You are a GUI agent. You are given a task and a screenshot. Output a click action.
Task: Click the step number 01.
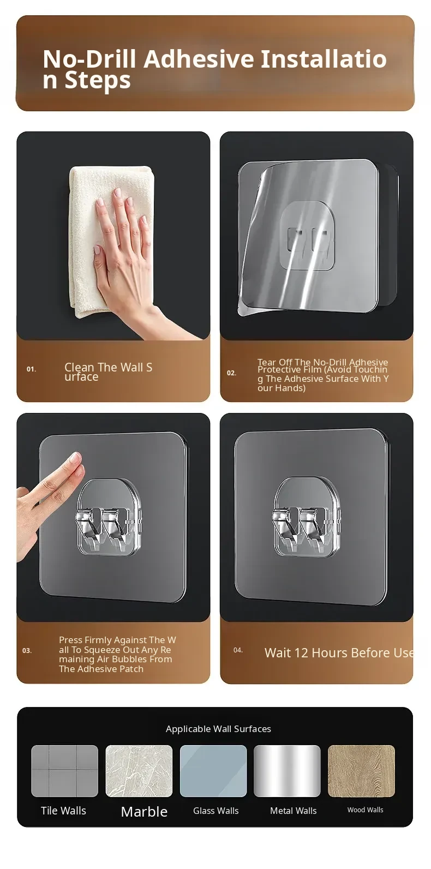31,369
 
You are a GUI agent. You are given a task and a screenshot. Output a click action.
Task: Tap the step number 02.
232,373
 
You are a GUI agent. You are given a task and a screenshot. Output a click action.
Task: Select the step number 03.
27,651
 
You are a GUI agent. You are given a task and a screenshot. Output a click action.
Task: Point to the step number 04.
238,650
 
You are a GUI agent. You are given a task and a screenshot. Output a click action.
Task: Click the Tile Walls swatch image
65,771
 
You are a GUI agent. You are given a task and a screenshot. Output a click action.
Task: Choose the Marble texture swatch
139,771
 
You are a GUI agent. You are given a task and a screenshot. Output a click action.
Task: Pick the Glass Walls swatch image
213,771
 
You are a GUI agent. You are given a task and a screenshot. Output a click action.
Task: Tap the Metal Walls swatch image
287,771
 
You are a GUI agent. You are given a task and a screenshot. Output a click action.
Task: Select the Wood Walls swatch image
362,771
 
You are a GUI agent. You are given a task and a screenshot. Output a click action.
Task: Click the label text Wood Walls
365,810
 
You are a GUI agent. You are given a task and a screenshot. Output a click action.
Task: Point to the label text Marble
145,812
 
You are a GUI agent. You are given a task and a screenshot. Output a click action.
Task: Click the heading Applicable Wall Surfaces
218,729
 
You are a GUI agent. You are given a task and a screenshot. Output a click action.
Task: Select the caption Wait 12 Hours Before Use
339,653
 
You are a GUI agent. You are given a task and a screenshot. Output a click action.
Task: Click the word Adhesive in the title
199,59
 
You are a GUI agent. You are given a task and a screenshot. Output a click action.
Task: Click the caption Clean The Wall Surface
108,371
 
